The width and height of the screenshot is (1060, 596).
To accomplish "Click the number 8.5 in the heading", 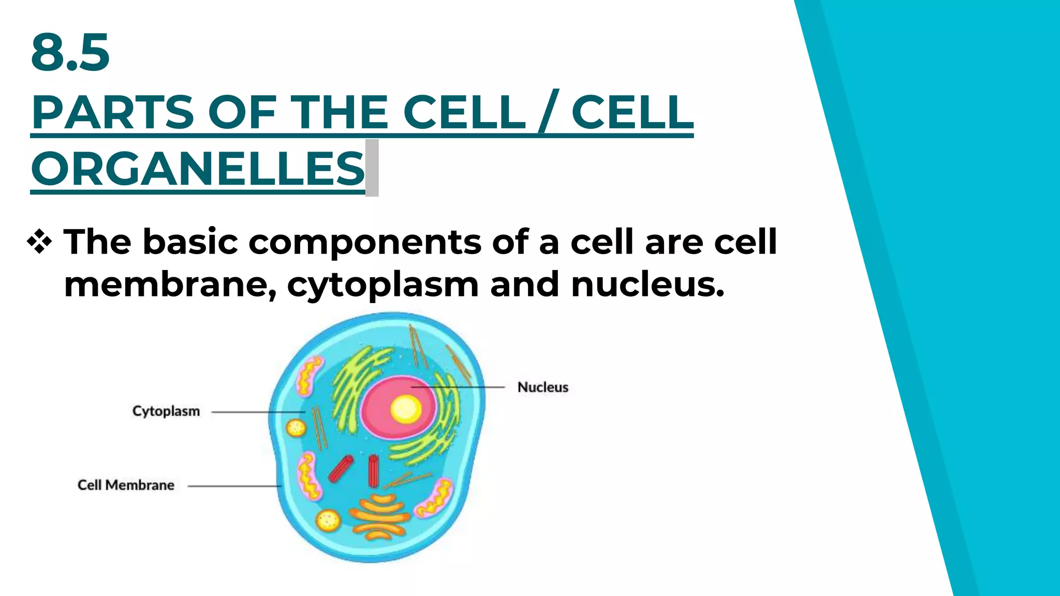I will click(x=70, y=52).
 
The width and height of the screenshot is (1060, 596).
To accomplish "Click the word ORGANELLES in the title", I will click(x=198, y=169).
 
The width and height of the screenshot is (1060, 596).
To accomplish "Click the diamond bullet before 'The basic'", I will click(x=40, y=242).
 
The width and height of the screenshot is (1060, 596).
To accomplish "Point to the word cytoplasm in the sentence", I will click(x=382, y=285).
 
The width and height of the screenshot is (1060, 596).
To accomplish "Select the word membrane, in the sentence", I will click(x=170, y=285).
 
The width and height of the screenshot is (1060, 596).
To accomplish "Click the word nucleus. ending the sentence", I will click(x=647, y=285).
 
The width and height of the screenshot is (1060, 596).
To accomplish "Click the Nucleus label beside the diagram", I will click(x=542, y=388).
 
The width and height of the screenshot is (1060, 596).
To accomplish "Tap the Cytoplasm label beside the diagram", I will click(x=166, y=411).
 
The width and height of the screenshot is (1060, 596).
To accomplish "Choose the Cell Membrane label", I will click(x=126, y=485).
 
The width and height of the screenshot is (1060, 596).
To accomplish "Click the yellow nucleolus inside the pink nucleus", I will click(x=405, y=409).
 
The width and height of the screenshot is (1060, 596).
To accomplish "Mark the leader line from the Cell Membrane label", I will click(x=233, y=486).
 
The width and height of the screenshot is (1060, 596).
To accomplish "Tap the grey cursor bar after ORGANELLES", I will click(x=372, y=168).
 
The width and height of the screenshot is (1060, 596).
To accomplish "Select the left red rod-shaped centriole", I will click(x=341, y=469).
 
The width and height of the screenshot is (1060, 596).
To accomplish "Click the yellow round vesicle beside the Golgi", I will click(x=328, y=520).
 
